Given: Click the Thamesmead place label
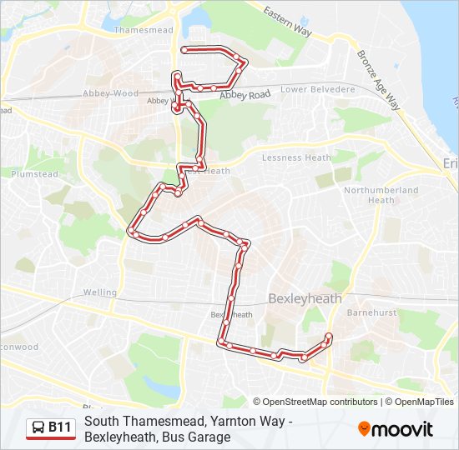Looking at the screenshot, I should click(143, 30).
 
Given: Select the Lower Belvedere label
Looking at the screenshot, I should click(318, 89).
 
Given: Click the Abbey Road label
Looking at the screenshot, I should click(245, 96).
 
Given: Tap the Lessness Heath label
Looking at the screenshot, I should click(296, 157).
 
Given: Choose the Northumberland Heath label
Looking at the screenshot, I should click(381, 195).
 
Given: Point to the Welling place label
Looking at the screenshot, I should click(100, 292).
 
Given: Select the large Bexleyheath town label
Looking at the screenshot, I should click(305, 297).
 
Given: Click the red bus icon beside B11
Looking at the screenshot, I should click(38, 428).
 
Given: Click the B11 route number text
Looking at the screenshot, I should click(60, 428).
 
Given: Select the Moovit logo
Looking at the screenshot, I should click(396, 429).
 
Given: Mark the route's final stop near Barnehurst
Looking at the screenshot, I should click(328, 337).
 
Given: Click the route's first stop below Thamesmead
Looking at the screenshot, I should click(184, 50).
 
